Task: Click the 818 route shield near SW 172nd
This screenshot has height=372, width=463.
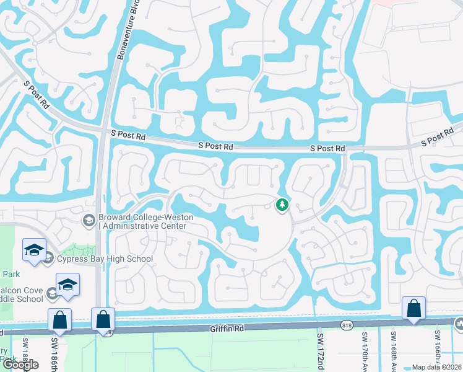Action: coord(347,324)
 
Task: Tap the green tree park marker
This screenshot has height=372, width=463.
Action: coord(282,205)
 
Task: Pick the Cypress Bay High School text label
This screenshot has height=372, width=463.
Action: coord(105,259)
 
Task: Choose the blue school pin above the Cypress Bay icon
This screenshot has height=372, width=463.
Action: coord(34,249)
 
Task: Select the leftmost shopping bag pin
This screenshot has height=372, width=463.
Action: coord(59,320)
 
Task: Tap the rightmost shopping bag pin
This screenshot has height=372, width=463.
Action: coord(413,308)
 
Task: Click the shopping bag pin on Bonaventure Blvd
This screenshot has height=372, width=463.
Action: coord(103,320)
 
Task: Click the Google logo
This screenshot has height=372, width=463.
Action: coord(21,365)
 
